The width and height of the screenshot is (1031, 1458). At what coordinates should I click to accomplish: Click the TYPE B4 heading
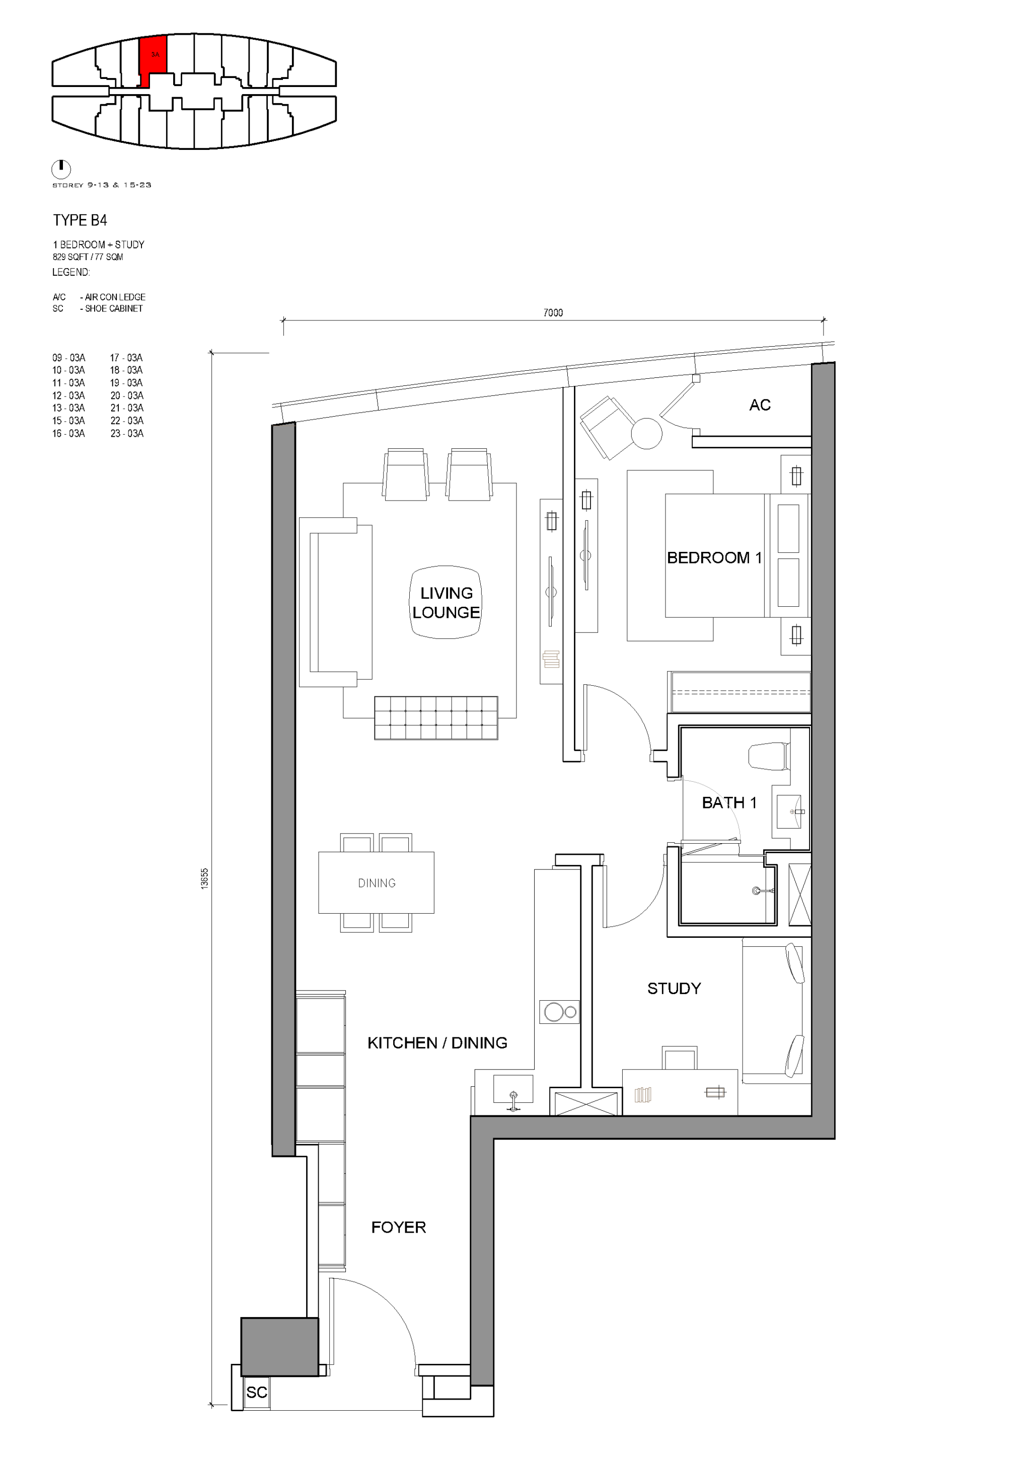80,220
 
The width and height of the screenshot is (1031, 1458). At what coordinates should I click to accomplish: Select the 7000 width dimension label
553,312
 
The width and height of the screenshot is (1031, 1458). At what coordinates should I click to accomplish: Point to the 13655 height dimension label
204,878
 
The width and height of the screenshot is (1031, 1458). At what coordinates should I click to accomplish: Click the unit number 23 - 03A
126,434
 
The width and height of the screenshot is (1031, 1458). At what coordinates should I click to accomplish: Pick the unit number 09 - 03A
68,358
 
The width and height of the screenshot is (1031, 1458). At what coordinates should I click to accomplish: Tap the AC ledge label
760,405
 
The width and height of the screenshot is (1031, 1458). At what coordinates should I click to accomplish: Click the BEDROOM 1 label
714,557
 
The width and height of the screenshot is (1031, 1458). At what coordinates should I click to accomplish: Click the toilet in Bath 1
769,756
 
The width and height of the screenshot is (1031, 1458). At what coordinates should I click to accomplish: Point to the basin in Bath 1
789,812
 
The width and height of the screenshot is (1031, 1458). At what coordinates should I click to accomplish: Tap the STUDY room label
674,988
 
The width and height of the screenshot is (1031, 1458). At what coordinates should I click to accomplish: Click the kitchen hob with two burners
559,1012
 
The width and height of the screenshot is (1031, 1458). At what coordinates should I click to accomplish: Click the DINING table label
377,882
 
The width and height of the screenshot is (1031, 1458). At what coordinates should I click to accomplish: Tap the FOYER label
398,1227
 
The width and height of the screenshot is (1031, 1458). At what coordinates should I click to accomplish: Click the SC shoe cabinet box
257,1392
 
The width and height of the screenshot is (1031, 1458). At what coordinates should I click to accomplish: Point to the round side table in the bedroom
647,434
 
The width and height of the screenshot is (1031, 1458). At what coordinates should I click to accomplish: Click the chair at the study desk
679,1058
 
